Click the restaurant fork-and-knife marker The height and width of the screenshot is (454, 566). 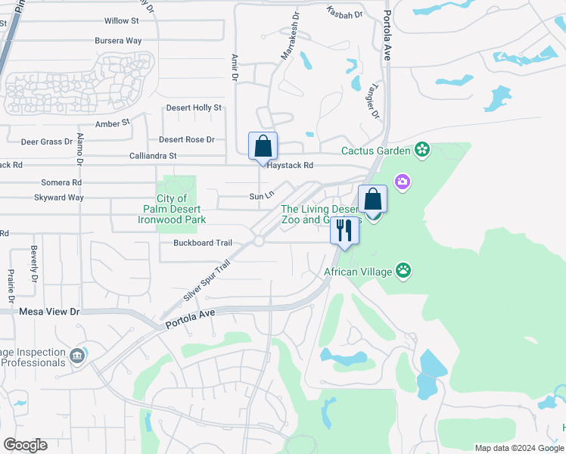point(344,229)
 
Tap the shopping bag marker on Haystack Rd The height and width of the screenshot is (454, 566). point(263,145)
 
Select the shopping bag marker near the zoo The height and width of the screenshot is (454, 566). point(372,199)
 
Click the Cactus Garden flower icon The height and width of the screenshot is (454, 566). point(422,151)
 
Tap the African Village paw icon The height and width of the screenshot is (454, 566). point(405,269)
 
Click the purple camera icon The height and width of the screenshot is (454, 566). point(401,182)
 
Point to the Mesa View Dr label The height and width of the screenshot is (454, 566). point(49,311)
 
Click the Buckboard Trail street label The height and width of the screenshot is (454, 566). point(202,243)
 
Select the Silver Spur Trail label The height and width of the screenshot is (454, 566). point(207,281)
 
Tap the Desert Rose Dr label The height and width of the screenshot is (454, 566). point(187,139)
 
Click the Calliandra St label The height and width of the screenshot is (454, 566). point(151,156)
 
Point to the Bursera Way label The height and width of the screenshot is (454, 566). point(118,40)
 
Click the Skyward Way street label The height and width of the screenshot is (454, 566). point(59,197)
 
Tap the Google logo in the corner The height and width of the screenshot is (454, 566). point(25,444)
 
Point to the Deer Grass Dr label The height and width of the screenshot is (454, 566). point(47,141)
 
